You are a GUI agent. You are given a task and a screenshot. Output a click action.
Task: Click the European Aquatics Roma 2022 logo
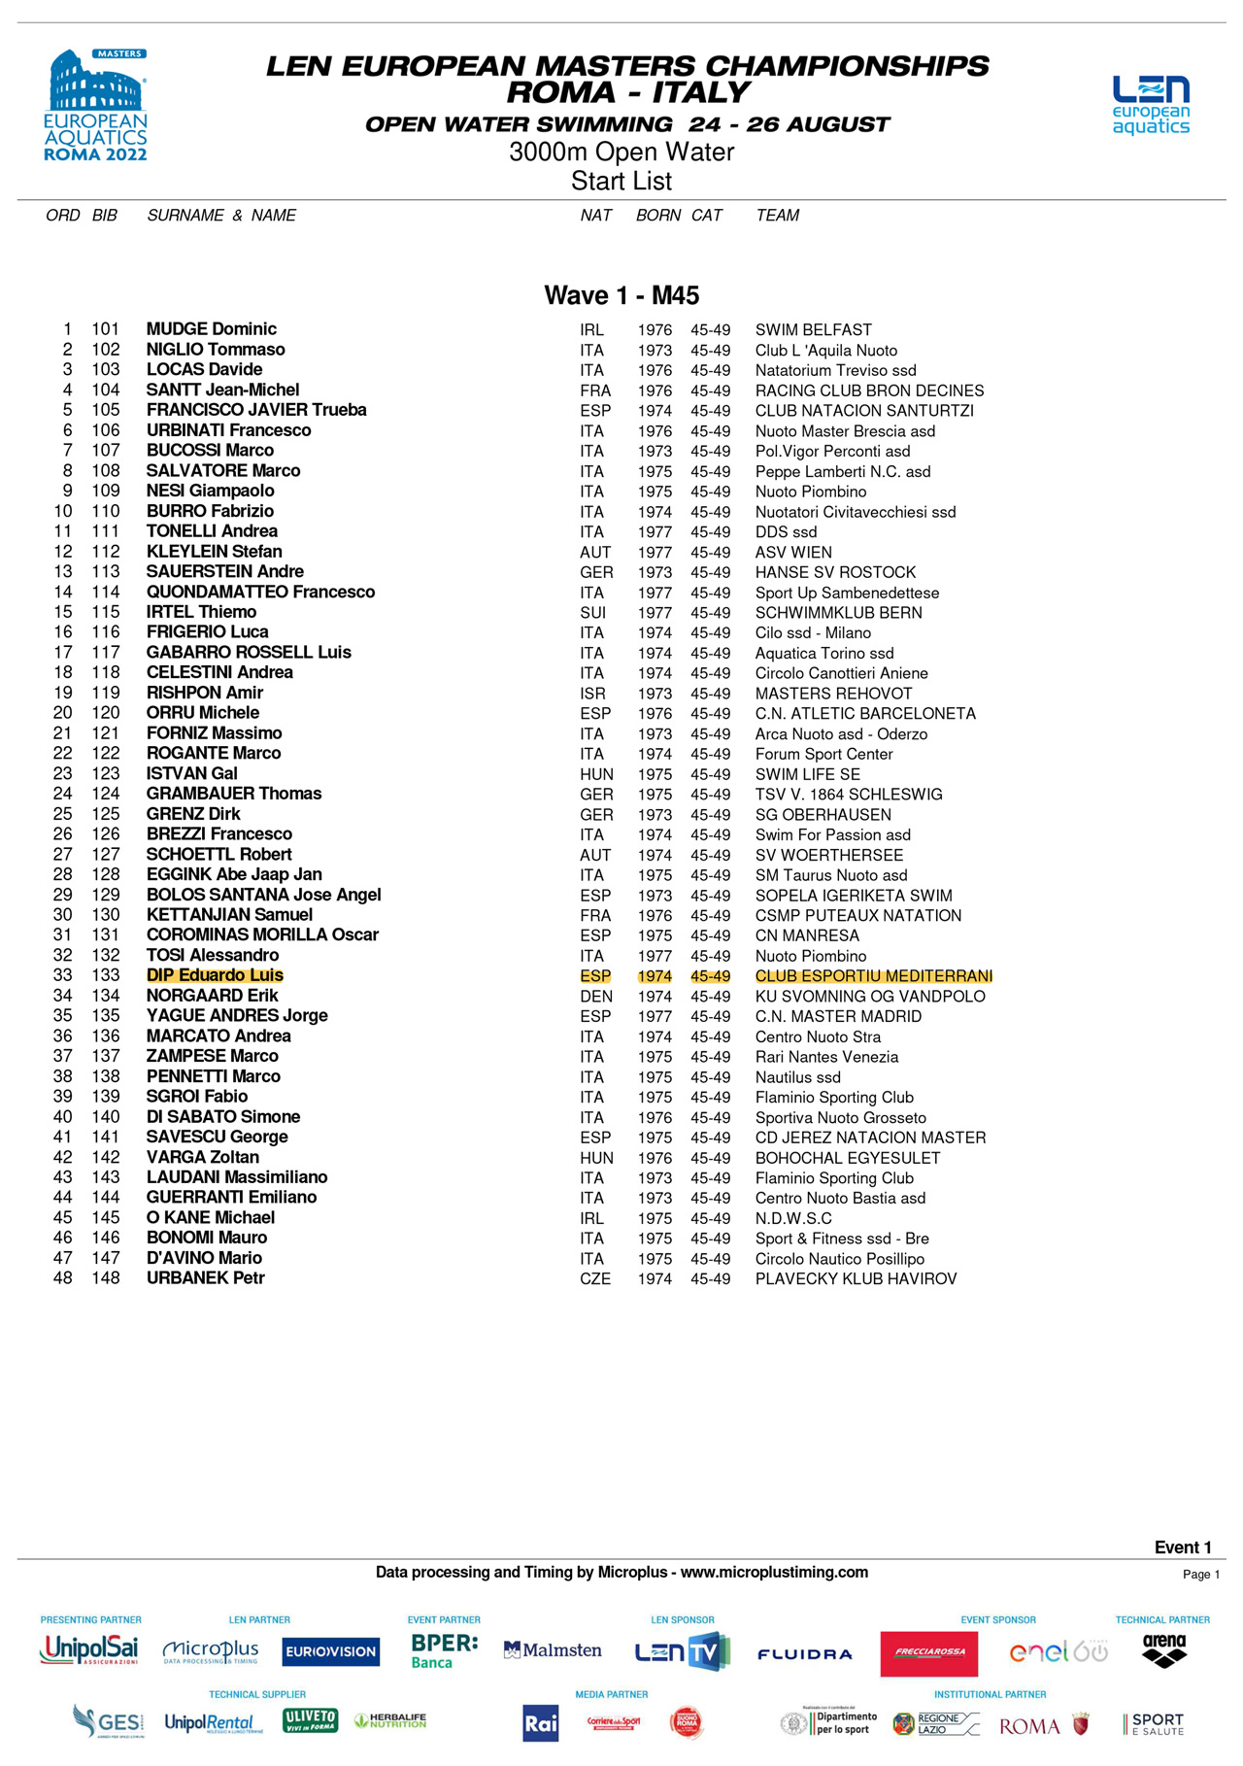pos(96,106)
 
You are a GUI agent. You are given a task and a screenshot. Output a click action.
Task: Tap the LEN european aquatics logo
pos(1151,105)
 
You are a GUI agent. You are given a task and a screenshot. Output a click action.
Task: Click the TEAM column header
pos(778,216)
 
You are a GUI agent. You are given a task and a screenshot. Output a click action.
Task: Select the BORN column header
pos(658,216)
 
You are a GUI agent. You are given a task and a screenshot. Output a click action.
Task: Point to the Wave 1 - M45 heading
pos(621,295)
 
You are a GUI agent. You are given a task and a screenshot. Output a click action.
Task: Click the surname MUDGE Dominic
pos(212,329)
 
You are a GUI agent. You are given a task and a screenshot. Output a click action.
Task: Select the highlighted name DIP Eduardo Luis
pos(215,975)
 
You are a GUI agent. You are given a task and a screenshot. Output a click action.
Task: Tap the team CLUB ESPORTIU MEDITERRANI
pos(874,976)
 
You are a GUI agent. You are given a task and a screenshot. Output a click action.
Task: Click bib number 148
pos(106,1278)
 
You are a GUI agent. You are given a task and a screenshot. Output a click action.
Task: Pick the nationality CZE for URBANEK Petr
pos(595,1279)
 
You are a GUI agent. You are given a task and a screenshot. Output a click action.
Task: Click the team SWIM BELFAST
pos(814,330)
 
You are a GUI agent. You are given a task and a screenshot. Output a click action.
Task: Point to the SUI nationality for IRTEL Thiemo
pos(593,613)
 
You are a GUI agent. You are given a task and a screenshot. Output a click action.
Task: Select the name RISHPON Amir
pos(205,693)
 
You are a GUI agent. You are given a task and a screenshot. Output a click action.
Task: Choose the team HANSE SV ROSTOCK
pos(836,572)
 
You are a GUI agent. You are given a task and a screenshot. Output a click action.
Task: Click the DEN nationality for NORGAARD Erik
pos(596,997)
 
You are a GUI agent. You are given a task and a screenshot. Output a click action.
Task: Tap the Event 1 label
pos(1183,1547)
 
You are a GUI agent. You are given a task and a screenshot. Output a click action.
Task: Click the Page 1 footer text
pos(1201,1575)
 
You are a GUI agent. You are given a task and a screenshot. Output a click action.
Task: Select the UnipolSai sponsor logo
pos(89,1649)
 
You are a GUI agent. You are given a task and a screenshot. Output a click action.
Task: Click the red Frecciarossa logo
pos(929,1653)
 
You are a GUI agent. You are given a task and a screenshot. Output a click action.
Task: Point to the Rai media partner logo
pos(541,1723)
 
